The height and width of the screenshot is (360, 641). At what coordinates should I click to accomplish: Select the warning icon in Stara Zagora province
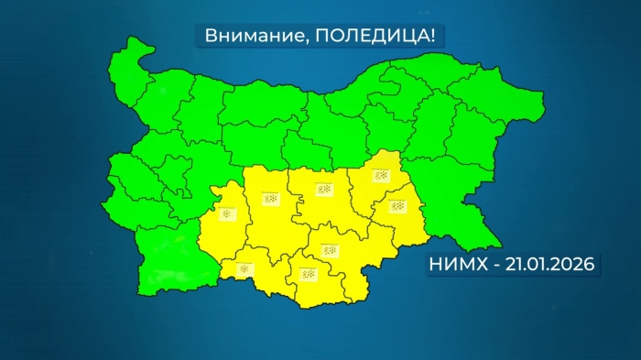coord(323,190)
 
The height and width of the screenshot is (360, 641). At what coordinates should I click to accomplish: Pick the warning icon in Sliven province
coord(380,175)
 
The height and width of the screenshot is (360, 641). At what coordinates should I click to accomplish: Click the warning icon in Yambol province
coord(396,206)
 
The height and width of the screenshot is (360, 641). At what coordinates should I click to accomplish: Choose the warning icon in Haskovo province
coord(329,249)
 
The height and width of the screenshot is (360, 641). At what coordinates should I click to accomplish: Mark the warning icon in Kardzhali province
coord(309,274)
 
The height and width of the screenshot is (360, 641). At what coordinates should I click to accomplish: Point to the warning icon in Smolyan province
coord(244,268)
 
